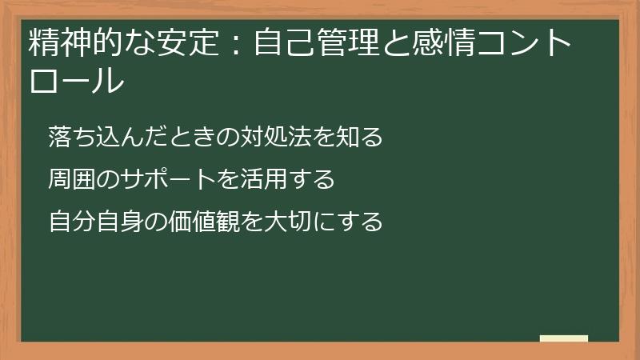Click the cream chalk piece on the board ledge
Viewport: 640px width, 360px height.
click(x=564, y=338)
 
